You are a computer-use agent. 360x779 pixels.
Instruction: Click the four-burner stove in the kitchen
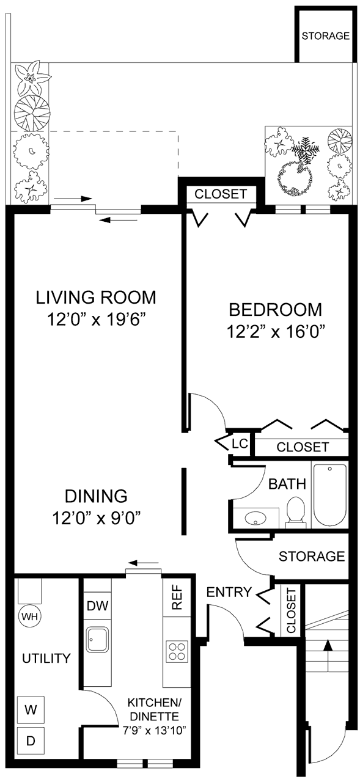click(x=177, y=651)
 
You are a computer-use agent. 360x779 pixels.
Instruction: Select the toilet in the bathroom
click(x=295, y=510)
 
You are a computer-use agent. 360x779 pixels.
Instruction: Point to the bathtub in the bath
click(x=330, y=495)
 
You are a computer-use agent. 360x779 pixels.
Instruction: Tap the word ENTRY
click(x=229, y=591)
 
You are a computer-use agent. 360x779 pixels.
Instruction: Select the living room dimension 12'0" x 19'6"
click(x=95, y=319)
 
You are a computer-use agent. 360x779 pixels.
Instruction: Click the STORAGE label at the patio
click(x=325, y=35)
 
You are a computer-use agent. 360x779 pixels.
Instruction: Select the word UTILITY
click(x=46, y=658)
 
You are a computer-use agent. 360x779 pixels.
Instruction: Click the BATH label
click(x=287, y=485)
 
